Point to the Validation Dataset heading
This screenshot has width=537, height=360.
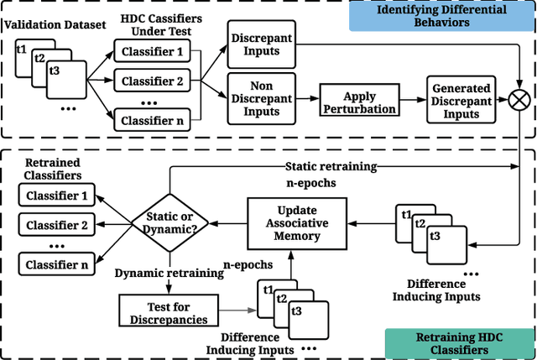(49, 25)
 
